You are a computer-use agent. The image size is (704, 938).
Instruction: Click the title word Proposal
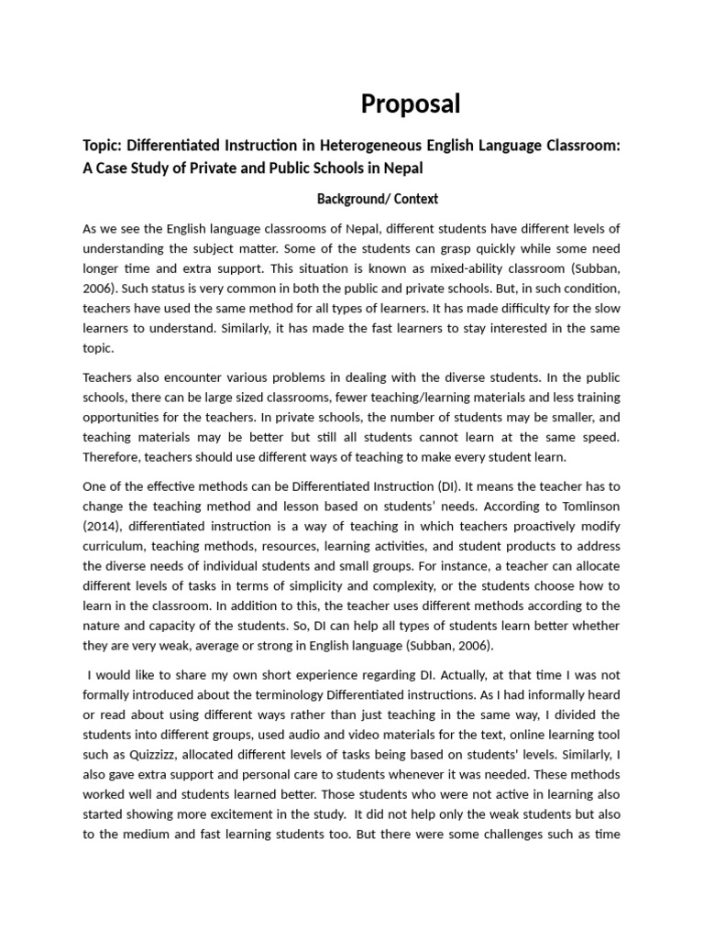click(x=411, y=104)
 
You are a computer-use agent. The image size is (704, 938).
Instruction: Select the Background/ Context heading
click(x=378, y=199)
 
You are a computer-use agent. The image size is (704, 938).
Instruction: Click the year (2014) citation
click(x=104, y=526)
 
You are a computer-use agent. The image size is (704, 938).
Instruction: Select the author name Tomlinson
click(x=588, y=504)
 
